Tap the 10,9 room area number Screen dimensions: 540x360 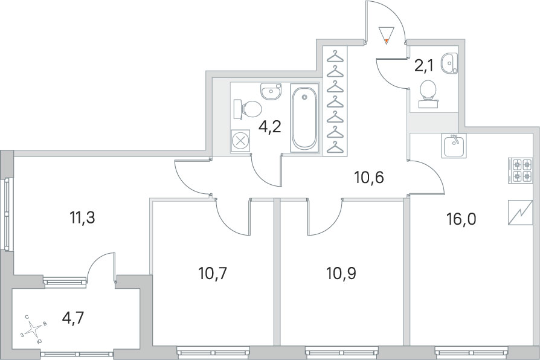pos(341,274)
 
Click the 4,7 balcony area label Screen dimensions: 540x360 pos(73,318)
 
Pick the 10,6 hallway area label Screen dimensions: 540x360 pos(369,178)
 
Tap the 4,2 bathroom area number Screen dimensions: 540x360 pos(271,127)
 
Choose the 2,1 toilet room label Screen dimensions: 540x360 pos(423,65)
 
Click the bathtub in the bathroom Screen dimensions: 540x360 pos(304,117)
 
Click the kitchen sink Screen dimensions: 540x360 pos(454,146)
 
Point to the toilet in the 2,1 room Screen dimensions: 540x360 pos(428,94)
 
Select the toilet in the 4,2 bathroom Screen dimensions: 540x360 pos(248,109)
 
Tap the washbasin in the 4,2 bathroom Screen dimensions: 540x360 pos(271,91)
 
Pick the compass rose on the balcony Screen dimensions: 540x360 pos(33,329)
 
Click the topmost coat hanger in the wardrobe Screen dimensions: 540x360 pos(335,57)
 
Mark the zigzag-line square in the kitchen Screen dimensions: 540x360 pos(521,213)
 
